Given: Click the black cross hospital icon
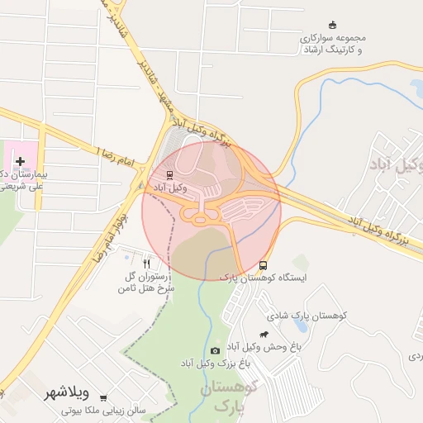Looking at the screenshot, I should tap(20, 160).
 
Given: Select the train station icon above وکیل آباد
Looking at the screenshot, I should tap(169, 175).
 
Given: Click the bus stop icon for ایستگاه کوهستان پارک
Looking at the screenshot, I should tap(263, 266).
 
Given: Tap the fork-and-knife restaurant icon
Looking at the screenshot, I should tap(147, 264).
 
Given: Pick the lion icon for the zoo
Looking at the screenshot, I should tap(264, 335).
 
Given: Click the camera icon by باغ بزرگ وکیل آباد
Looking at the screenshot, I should tap(216, 351).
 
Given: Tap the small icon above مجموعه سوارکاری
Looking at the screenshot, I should tap(332, 25).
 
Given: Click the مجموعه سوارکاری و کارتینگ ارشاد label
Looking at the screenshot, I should tap(331, 44).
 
